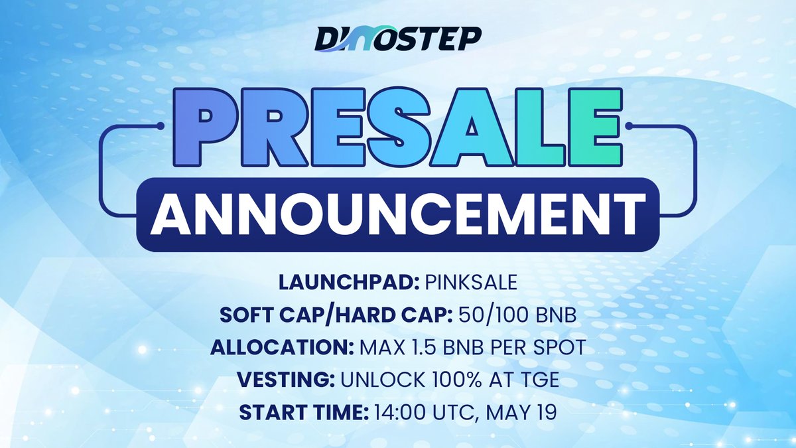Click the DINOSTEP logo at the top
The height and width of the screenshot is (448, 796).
point(398,38)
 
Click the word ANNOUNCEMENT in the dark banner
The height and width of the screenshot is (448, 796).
point(398,212)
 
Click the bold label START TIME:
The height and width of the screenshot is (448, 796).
point(302,405)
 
